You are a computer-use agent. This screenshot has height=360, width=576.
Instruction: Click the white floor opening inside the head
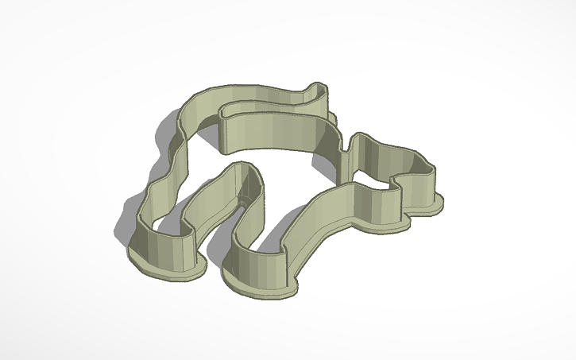point(381,163)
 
